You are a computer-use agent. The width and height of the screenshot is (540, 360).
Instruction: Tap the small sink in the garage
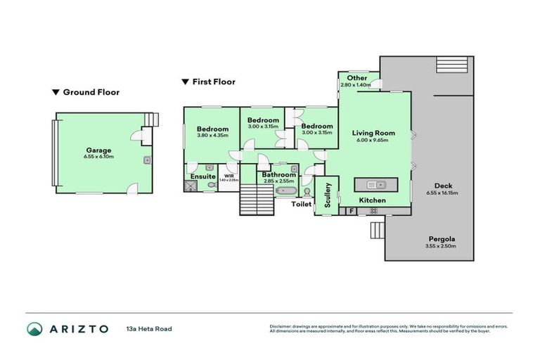(x=148, y=160)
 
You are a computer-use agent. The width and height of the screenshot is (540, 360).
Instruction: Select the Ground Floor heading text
(x=91, y=92)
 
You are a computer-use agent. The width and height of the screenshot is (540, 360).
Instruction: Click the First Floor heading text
(x=214, y=82)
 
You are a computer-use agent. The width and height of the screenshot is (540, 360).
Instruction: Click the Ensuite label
(x=203, y=176)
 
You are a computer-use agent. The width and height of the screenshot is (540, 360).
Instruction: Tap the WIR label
(x=229, y=176)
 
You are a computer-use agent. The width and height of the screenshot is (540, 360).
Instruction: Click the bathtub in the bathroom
(x=285, y=191)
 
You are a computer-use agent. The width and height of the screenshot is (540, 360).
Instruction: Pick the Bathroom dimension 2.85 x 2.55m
(x=279, y=181)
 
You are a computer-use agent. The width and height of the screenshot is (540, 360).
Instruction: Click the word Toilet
(x=302, y=204)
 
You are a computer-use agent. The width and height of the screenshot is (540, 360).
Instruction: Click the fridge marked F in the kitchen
(x=349, y=210)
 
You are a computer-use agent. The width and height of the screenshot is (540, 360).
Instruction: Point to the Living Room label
(x=373, y=133)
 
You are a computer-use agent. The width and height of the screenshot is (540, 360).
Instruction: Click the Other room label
(x=357, y=78)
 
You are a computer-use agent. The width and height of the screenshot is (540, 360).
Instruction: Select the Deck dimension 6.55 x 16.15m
(x=442, y=193)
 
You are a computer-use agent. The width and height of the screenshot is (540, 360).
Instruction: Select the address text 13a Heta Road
(x=149, y=328)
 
